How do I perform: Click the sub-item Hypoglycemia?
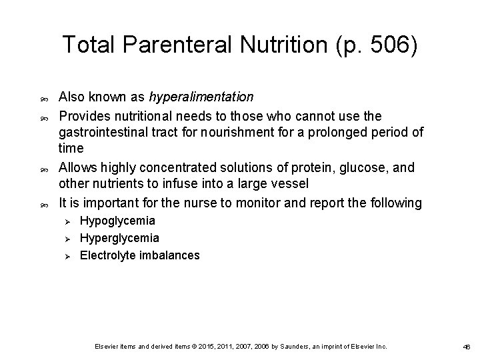coord(117,220)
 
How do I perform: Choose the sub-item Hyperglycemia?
coord(119,237)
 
